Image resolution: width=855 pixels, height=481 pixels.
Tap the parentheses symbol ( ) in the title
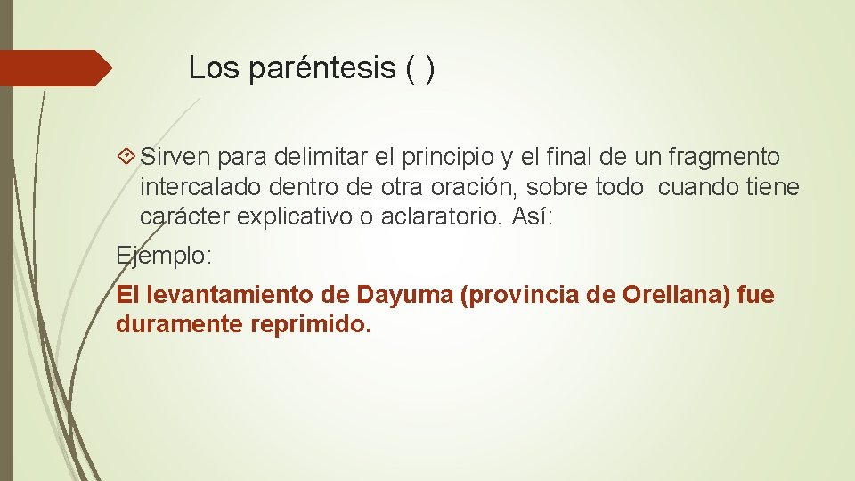[420, 69]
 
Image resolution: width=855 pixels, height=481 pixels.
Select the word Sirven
[175, 158]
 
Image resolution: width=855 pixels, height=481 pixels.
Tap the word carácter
[184, 216]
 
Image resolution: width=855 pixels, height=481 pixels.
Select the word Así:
[533, 216]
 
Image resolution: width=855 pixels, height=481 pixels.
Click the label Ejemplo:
[165, 256]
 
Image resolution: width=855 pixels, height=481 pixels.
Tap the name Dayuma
[405, 295]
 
